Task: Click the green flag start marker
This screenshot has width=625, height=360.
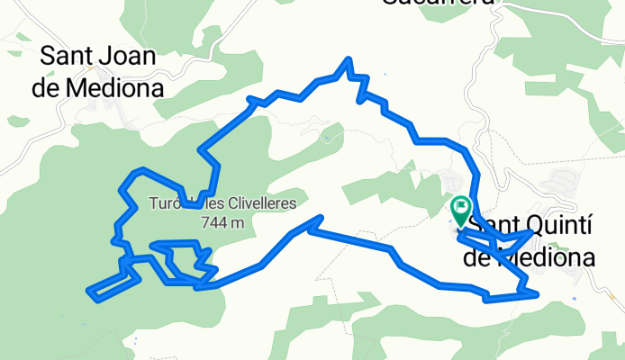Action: (461, 211)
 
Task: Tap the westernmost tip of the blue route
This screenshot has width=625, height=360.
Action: (88, 291)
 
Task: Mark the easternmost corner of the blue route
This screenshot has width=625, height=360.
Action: (537, 292)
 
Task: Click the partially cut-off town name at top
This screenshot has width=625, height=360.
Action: (439, 4)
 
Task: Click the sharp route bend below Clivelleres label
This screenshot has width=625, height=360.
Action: (320, 218)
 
